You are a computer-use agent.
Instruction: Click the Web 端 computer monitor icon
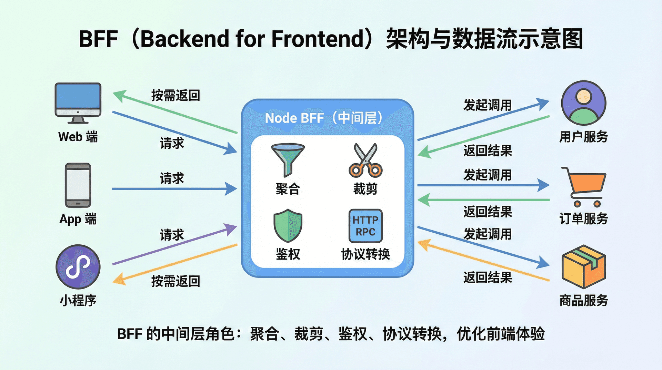(x=78, y=102)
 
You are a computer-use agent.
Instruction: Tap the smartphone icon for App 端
(x=78, y=185)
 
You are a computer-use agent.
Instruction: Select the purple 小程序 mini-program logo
(x=78, y=267)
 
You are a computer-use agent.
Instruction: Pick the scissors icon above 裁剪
(x=365, y=160)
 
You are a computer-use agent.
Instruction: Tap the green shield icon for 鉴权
(x=288, y=225)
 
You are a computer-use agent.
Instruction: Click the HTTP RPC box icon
(x=365, y=226)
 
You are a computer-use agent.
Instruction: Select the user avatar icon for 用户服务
(x=583, y=103)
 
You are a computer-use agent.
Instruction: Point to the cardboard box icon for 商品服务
(x=583, y=266)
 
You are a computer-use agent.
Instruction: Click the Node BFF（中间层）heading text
(x=323, y=118)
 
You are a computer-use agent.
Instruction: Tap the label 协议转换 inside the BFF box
(x=365, y=254)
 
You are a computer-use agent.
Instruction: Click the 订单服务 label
(x=583, y=218)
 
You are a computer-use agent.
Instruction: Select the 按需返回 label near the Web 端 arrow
(x=175, y=95)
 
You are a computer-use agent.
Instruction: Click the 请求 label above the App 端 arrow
(x=172, y=178)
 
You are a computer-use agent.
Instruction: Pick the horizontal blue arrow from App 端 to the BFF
(x=172, y=189)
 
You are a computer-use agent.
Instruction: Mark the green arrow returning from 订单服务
(x=483, y=200)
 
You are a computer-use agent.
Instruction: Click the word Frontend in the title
(x=317, y=38)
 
